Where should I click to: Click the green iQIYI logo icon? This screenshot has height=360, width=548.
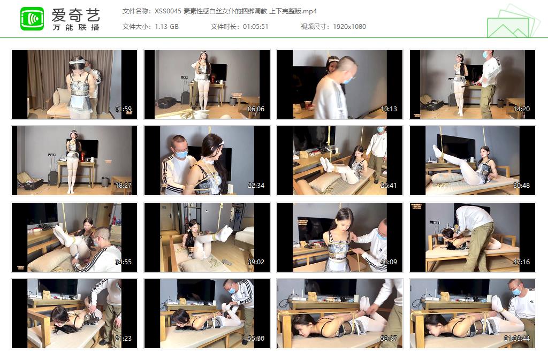pos(32,19)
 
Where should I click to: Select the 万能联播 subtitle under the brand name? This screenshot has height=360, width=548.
pos(76,27)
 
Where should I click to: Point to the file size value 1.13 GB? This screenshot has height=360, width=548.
pos(167,26)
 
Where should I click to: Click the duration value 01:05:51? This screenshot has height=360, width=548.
pos(255,26)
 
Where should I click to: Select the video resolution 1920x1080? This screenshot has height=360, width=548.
pos(349,26)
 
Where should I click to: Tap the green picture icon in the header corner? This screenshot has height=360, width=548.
pos(513,22)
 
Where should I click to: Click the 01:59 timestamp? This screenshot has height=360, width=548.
pos(123,109)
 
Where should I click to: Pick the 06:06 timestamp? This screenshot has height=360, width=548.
pos(256,109)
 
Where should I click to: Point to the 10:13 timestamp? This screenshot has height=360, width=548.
pos(389,109)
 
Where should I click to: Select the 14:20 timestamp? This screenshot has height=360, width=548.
pos(521,109)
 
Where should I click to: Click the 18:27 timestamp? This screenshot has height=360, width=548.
pos(123,186)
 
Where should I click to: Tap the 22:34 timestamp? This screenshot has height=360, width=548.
pos(256,186)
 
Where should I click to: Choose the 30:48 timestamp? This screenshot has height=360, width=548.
pos(521,186)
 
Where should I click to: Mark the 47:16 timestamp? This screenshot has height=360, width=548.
pos(521,262)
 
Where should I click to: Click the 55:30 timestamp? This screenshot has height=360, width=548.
pos(256,339)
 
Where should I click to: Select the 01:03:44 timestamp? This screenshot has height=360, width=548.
pos(517,339)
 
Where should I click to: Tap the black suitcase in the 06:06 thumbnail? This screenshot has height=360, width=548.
pos(167,102)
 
